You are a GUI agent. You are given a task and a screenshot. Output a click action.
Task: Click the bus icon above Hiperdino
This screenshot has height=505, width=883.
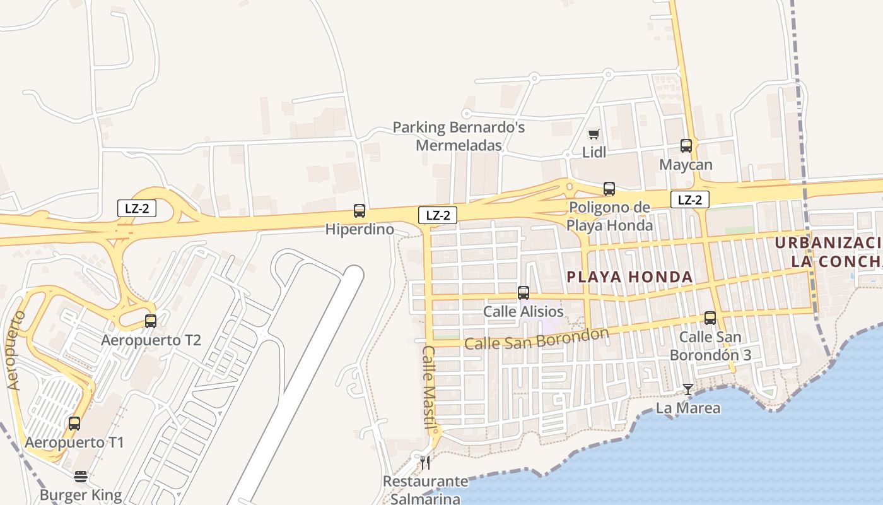coord(360,211)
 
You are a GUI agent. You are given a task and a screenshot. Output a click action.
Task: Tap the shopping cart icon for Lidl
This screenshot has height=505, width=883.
coord(594,134)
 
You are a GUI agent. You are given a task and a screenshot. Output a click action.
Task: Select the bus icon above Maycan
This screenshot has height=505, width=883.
coord(686,146)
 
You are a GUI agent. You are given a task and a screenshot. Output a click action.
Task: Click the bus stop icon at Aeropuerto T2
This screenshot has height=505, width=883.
coord(151,321)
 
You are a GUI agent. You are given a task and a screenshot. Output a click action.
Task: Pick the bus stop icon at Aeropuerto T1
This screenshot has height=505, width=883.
coord(74,424)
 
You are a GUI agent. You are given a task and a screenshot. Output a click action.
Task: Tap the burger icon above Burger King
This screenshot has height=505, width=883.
coord(81,477)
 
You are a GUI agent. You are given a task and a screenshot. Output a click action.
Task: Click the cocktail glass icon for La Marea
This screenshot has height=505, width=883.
coord(688,389)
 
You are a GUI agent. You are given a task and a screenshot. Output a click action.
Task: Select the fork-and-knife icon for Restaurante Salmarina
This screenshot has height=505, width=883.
coord(425,463)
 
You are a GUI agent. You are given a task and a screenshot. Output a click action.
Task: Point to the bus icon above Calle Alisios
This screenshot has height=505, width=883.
coord(523,293)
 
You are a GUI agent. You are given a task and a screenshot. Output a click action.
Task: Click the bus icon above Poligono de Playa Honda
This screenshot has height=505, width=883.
coord(609,188)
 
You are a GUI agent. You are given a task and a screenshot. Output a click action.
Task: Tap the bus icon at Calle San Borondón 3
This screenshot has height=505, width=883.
coord(710,318)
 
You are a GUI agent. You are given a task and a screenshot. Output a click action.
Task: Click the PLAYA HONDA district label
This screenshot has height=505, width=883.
coord(629,276)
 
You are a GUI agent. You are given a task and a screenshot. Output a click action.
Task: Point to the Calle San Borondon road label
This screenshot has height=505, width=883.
coord(537,339)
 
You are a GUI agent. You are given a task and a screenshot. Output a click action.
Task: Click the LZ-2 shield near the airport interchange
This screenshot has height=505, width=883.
coord(137,208)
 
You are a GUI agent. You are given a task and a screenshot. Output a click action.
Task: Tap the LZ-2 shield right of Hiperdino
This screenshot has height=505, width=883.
coord(437,215)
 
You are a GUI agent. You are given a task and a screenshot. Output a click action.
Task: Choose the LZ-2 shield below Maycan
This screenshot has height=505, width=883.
coord(689,200)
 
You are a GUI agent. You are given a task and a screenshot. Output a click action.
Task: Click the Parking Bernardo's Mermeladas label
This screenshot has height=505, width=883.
coord(459,136)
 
